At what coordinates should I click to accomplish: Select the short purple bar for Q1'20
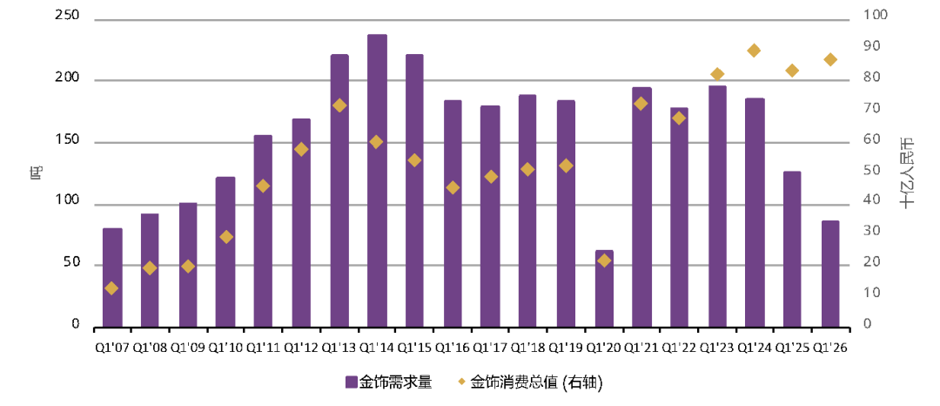pos(604,288)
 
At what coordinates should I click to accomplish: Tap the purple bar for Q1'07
pos(112,277)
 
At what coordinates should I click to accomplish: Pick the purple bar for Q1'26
pos(830,274)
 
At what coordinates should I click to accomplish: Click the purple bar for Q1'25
pos(792,248)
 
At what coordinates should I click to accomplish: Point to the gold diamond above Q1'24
pos(754,51)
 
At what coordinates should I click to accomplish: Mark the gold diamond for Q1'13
pos(339,105)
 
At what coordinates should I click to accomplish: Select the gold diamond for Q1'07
pos(111,288)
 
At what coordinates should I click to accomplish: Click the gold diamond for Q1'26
pos(830,59)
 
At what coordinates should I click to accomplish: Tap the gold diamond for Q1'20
pos(604,261)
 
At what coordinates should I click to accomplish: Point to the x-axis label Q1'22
pos(680,346)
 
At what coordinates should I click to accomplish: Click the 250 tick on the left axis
pos(66,17)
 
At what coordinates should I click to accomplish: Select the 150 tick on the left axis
pos(66,140)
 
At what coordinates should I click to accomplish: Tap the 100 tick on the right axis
pos(873,16)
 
